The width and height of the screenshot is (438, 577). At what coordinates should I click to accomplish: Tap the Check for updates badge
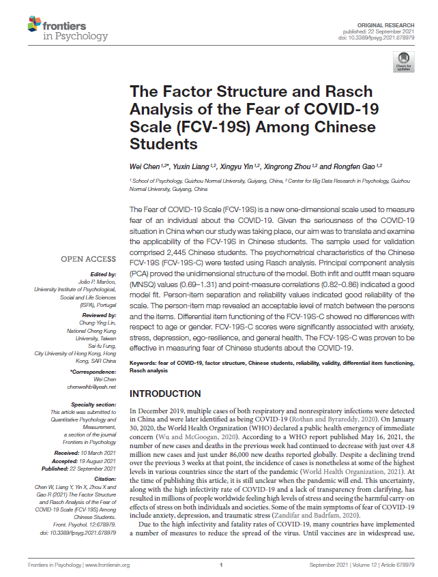coord(403,62)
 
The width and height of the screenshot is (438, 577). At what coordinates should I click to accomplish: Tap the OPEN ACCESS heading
coord(88,260)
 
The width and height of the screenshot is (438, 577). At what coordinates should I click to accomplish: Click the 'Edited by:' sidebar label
coord(104,273)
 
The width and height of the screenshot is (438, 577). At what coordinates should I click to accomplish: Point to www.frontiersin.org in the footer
coord(110,565)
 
